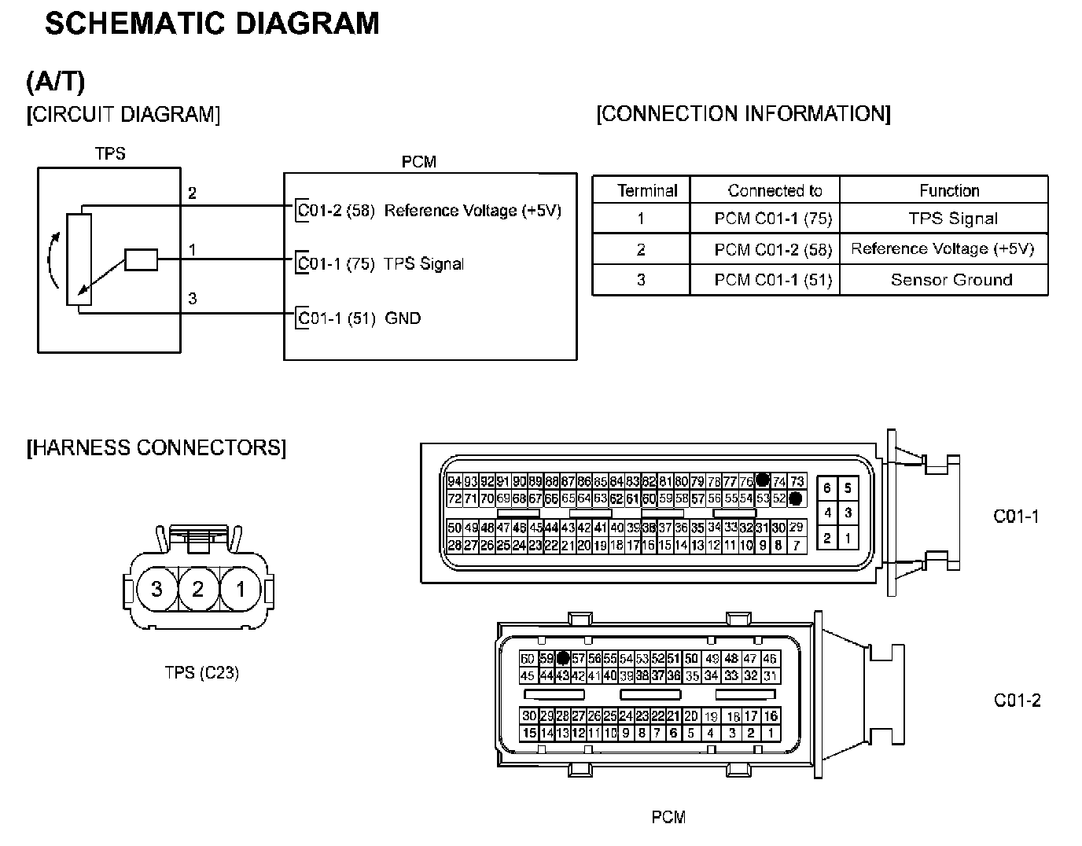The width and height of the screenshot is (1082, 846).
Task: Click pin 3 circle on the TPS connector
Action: [x=156, y=589]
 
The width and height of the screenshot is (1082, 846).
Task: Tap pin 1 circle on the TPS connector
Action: [x=241, y=589]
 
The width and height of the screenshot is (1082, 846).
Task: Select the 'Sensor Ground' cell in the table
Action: [x=951, y=280]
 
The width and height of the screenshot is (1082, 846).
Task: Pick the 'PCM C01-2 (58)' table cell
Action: [x=773, y=249]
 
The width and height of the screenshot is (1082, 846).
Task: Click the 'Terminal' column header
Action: [x=647, y=190]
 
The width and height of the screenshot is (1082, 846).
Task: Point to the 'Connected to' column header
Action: [x=775, y=190]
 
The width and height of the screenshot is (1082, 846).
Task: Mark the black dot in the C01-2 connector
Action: [x=563, y=659]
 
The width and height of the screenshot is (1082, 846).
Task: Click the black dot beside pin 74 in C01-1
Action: [x=762, y=480]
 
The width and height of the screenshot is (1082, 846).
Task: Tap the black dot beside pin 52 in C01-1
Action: [x=796, y=498]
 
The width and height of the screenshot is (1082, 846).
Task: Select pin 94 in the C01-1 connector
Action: [x=455, y=481]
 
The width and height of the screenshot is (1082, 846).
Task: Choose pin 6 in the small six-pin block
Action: [x=827, y=488]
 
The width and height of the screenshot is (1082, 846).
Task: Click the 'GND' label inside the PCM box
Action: [x=403, y=318]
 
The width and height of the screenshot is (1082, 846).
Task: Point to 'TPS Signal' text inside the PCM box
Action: [x=424, y=264]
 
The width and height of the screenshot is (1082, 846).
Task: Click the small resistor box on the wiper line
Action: [x=142, y=259]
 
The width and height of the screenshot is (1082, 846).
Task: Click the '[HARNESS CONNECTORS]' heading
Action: [x=156, y=448]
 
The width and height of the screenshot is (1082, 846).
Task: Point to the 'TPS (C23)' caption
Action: [x=201, y=673]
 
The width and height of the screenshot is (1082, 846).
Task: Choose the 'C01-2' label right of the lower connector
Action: [x=1017, y=701]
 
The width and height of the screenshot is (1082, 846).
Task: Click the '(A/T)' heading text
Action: [x=55, y=81]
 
